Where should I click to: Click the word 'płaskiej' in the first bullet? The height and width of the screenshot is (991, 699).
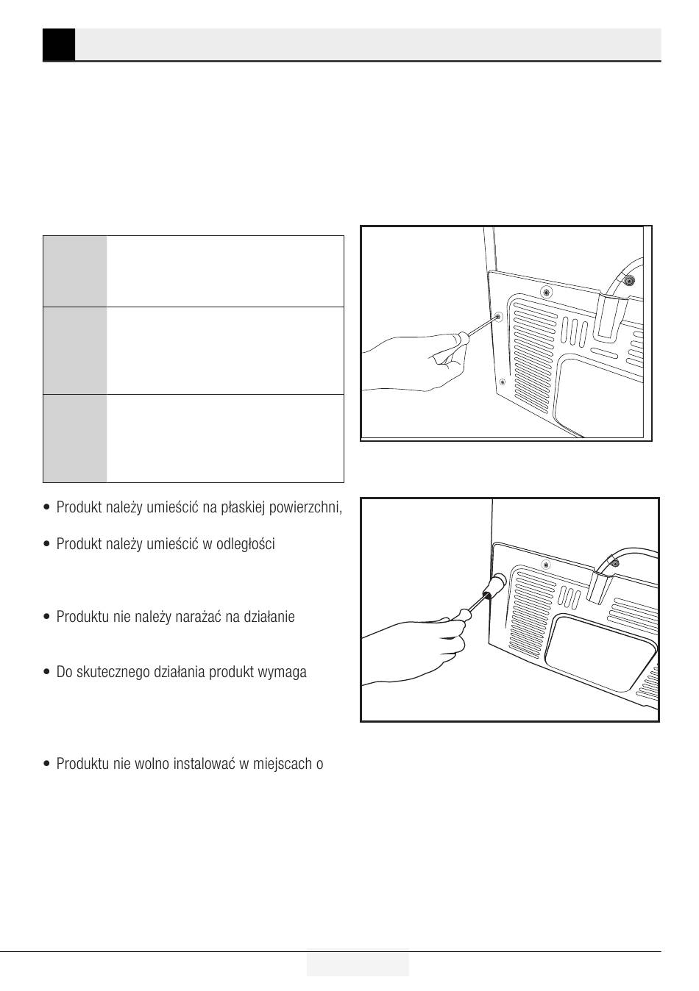click(x=243, y=508)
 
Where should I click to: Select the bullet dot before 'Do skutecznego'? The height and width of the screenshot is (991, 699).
click(x=47, y=672)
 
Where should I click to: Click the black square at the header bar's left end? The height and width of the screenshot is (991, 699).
click(x=59, y=45)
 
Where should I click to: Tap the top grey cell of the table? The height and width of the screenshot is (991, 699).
click(x=75, y=271)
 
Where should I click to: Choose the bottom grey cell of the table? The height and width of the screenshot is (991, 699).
click(x=75, y=438)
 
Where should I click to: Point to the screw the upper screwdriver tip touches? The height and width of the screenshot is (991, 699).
click(x=499, y=316)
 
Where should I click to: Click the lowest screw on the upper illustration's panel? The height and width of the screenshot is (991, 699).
click(x=502, y=382)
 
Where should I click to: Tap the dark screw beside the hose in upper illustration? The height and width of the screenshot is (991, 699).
click(x=628, y=280)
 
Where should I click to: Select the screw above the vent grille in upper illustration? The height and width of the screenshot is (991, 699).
click(x=547, y=292)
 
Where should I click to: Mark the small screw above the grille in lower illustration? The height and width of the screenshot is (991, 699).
click(x=546, y=565)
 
